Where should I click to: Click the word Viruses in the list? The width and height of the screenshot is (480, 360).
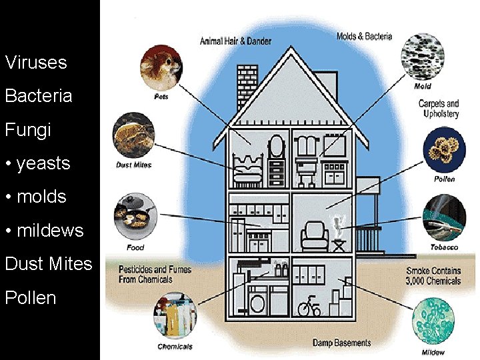(36, 63)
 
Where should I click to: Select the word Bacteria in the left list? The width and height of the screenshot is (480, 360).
(39, 96)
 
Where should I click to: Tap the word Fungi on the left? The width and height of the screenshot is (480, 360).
(28, 129)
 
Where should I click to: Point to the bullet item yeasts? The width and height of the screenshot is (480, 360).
(37, 163)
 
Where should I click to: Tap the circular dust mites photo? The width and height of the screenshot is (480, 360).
(134, 137)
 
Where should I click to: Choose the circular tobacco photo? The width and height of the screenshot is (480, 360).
(444, 217)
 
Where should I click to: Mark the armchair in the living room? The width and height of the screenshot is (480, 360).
(313, 235)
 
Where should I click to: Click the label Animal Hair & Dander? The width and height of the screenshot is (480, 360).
(235, 41)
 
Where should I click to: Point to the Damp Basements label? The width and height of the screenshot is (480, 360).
(341, 343)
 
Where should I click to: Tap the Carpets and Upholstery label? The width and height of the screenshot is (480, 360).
(439, 108)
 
